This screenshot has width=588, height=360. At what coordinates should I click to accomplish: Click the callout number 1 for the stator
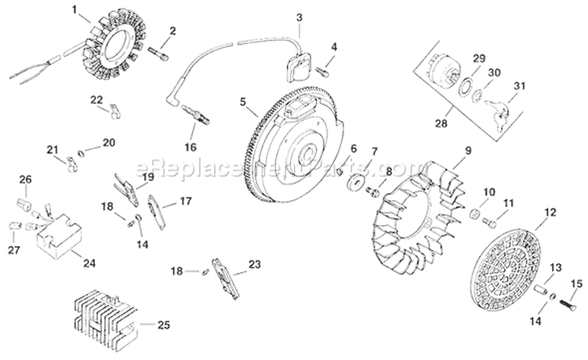(75, 10)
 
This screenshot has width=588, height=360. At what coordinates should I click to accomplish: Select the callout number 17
(185, 201)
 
